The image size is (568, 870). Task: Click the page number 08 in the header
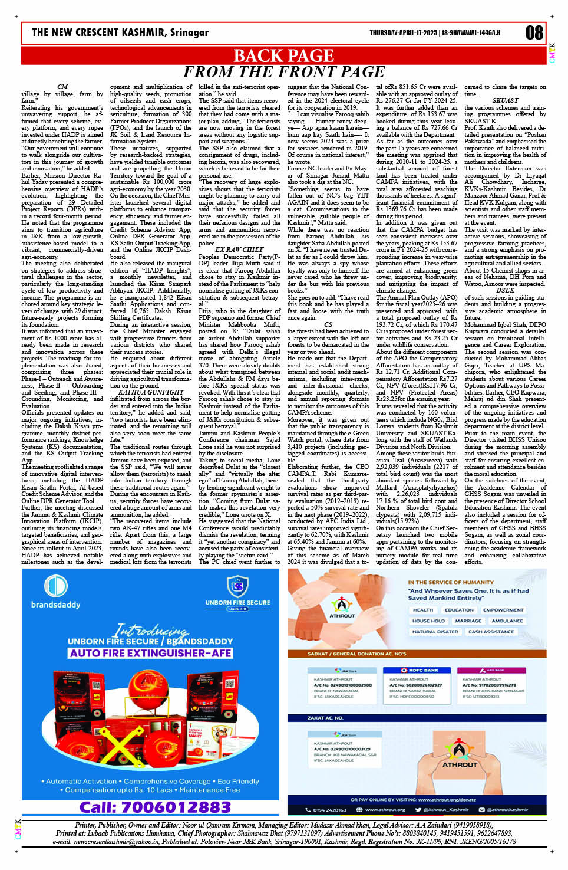click(x=534, y=32)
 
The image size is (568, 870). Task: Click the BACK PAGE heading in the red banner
click(x=283, y=55)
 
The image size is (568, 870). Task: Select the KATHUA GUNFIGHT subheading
click(x=151, y=392)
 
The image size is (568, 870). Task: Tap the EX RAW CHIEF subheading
click(x=239, y=249)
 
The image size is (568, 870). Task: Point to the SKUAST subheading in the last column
click(x=505, y=101)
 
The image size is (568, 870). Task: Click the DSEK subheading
click(x=505, y=290)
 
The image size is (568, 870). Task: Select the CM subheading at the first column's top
click(x=62, y=87)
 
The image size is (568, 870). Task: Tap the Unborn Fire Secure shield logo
click(x=238, y=587)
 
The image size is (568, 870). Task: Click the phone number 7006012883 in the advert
click(x=155, y=807)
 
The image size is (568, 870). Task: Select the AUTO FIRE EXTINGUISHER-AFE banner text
click(x=150, y=653)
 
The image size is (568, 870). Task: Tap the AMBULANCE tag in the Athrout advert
click(x=507, y=621)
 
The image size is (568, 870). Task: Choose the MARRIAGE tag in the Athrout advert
click(x=468, y=621)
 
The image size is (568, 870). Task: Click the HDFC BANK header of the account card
click(x=423, y=670)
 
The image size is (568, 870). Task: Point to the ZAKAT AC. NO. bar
click(x=325, y=718)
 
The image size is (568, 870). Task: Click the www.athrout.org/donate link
click(x=446, y=799)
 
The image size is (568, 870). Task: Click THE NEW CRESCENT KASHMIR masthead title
click(x=120, y=32)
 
